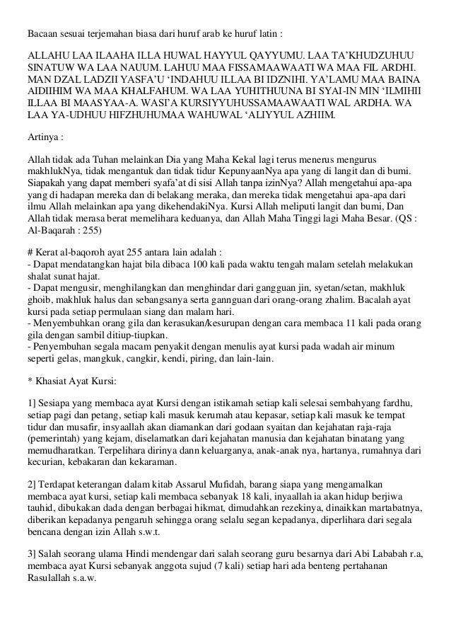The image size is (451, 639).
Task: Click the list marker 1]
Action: pyautogui.click(x=31, y=403)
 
